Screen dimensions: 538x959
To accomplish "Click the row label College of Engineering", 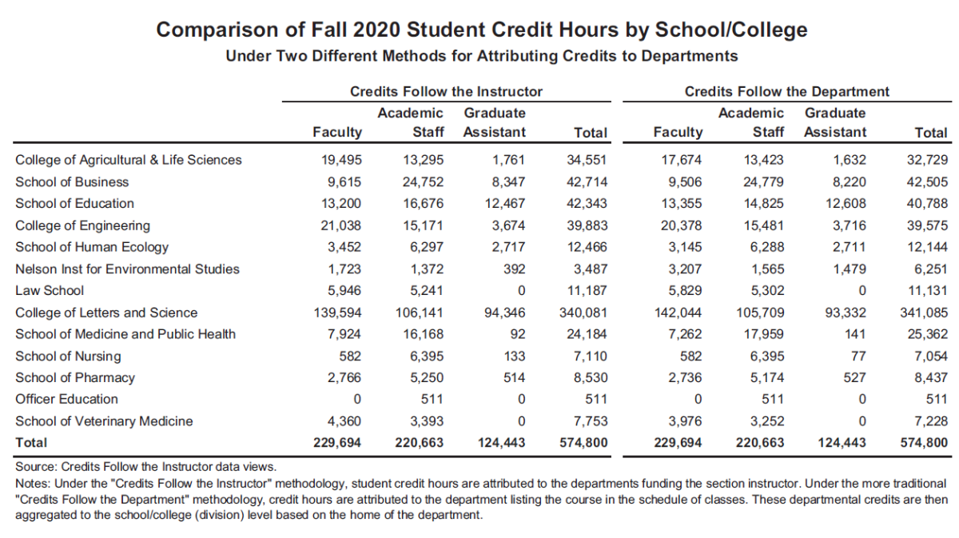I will [x=82, y=225].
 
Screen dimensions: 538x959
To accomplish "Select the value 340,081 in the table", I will [x=583, y=313].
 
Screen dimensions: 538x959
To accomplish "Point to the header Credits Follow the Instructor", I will [x=446, y=91].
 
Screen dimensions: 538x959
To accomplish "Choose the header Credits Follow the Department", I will [x=786, y=91].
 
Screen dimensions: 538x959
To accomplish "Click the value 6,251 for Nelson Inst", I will [x=930, y=269].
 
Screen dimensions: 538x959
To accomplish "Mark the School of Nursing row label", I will [x=68, y=357].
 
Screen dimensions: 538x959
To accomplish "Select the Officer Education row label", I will [x=66, y=399].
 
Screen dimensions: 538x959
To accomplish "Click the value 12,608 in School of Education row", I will [x=846, y=204].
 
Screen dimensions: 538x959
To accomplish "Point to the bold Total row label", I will [x=31, y=443].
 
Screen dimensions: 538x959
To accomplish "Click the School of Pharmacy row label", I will [x=74, y=377].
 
